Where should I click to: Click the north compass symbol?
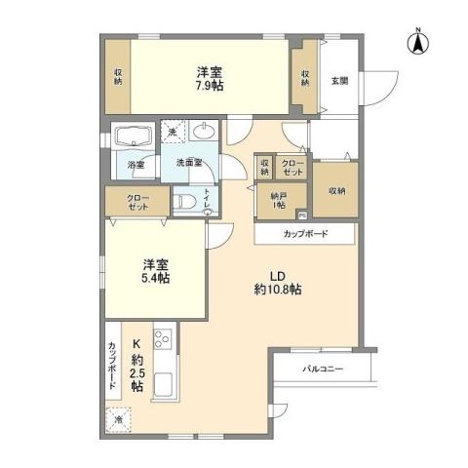coord(416,42)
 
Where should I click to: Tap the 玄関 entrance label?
coord(336,81)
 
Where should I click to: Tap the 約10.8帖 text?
coord(278,291)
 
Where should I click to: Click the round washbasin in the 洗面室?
coord(206,132)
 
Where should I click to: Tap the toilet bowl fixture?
coord(185,200)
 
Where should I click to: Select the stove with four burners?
coord(162,341)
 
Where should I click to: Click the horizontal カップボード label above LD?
coord(305,234)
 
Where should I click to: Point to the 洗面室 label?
coord(188,164)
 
